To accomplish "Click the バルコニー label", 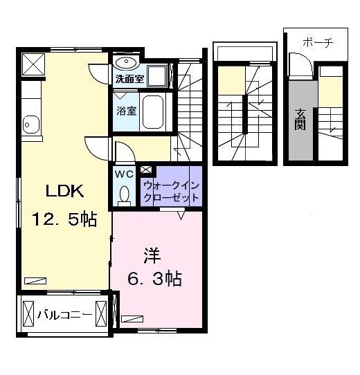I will coord(66,314).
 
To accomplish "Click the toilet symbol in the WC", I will coord(125,196).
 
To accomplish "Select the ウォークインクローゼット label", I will coord(171,191).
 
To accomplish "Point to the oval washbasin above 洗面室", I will coord(126,64).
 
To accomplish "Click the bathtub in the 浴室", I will coord(154,111).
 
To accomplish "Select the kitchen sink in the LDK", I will coord(30,125).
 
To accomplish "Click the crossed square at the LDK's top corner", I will coord(33,64).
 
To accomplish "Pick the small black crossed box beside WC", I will coord(145,168).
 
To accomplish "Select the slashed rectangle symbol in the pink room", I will coord(130,319).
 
